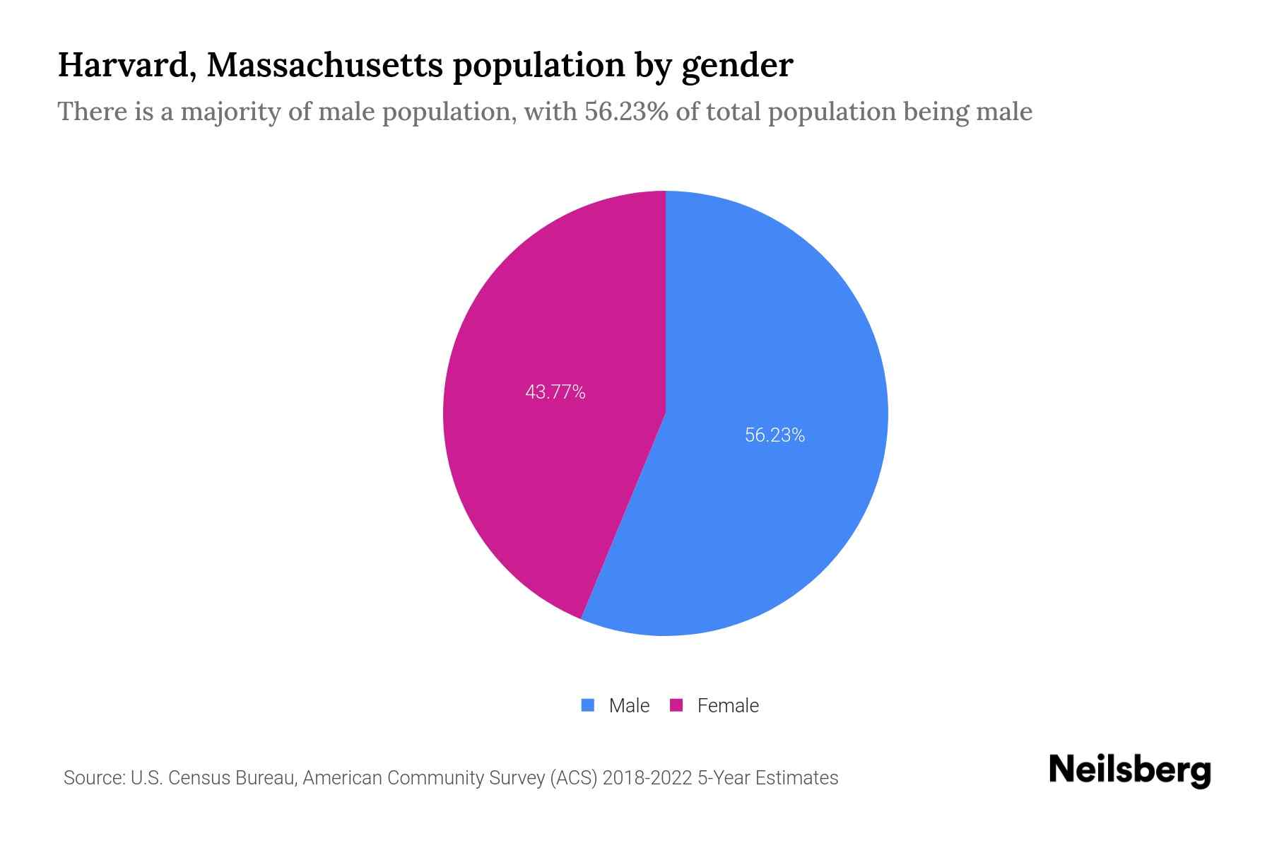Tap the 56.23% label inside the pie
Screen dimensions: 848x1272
(775, 435)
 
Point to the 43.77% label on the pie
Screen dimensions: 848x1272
(555, 392)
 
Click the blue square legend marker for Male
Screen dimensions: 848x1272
(587, 705)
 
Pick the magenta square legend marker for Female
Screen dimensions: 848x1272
(676, 705)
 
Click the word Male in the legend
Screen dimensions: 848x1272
(629, 705)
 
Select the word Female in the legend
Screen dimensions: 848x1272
(728, 705)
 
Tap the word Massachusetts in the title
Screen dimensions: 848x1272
(324, 66)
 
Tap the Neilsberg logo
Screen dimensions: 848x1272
(1129, 770)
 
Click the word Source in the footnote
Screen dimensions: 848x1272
(93, 778)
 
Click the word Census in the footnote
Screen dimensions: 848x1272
(199, 778)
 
